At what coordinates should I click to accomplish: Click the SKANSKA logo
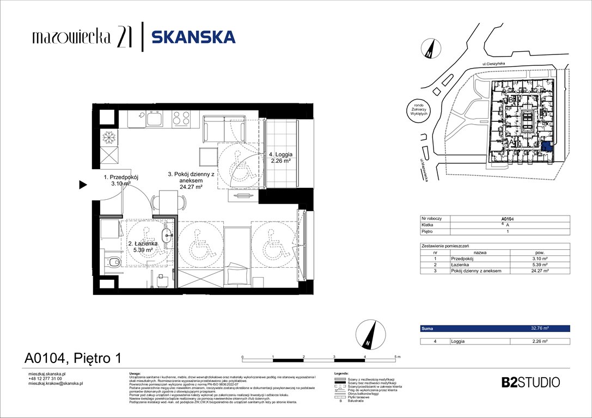193,37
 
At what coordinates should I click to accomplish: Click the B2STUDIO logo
530,382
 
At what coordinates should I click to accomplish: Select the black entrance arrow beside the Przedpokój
83,185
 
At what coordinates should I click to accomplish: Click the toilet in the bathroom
113,263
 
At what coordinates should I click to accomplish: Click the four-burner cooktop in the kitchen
181,117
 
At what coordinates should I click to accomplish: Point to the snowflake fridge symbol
110,138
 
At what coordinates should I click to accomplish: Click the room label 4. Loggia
282,157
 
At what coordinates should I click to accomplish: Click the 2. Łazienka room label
143,247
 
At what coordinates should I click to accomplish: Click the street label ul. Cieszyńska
493,64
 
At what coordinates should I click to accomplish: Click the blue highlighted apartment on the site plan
547,147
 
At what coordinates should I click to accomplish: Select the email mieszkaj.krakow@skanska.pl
55,383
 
